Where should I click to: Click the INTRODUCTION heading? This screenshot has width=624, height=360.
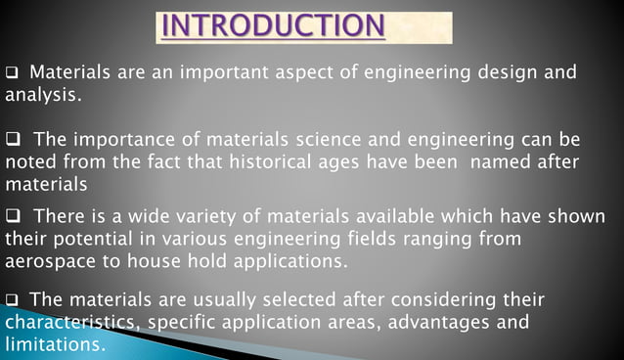pos(273,26)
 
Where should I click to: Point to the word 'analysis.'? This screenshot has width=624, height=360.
pos(44,97)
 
